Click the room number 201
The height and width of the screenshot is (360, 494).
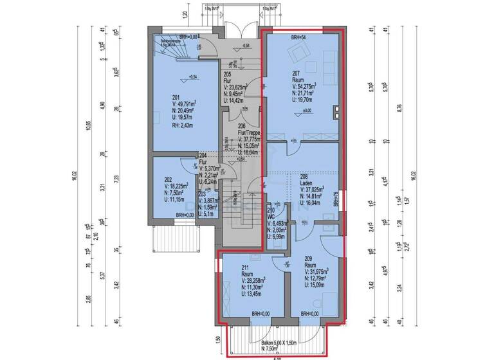(x=159, y=96)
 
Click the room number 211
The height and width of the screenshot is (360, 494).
(x=246, y=267)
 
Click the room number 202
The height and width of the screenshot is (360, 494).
(x=167, y=179)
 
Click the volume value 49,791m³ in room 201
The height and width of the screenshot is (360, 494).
(x=174, y=103)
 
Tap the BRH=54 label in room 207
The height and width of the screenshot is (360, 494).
(x=300, y=38)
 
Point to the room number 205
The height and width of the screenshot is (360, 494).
(x=227, y=74)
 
